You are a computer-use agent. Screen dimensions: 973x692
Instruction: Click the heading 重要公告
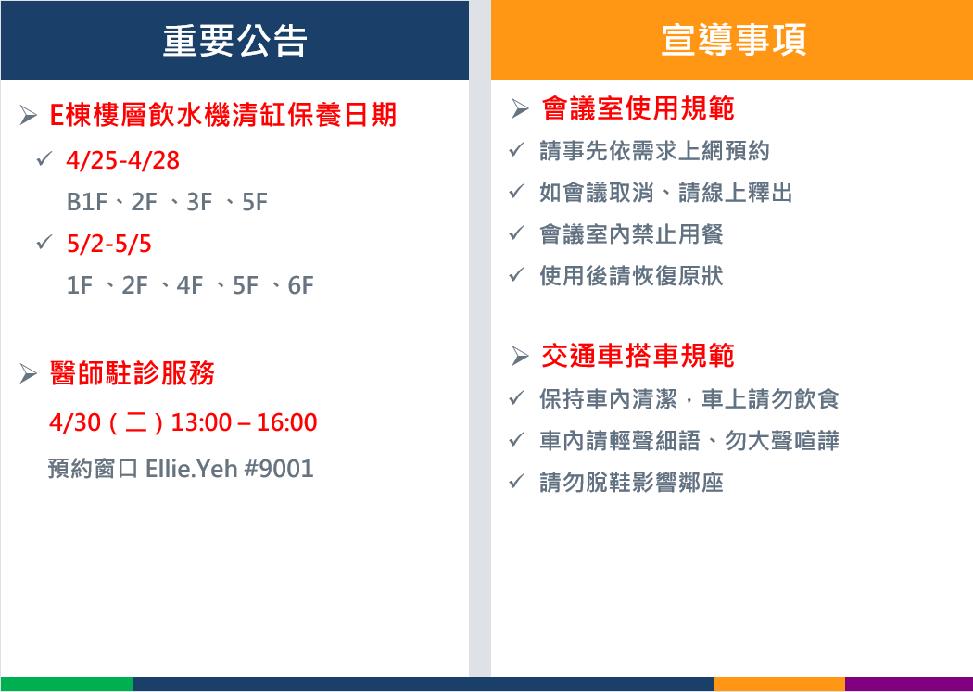click(x=234, y=41)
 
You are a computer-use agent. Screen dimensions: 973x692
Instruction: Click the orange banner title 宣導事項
click(x=734, y=40)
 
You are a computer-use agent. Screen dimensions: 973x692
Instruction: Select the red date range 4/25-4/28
click(x=123, y=160)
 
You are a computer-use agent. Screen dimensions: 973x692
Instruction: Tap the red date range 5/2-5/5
click(x=109, y=244)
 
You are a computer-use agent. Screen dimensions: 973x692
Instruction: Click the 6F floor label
click(x=300, y=285)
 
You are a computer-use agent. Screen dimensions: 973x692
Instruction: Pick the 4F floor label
click(x=189, y=285)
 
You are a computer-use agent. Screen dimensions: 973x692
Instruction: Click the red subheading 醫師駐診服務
click(x=133, y=373)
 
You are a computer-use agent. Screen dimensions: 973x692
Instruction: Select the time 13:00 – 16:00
click(x=244, y=422)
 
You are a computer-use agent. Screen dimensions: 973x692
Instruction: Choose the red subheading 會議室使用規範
click(x=638, y=108)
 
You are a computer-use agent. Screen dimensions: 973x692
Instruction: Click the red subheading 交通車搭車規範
click(x=638, y=356)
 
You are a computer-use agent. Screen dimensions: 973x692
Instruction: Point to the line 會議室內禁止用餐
click(x=631, y=234)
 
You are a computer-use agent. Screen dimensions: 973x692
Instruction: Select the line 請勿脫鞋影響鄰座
click(x=631, y=483)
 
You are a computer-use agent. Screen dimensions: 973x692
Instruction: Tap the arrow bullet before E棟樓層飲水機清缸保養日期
click(x=28, y=115)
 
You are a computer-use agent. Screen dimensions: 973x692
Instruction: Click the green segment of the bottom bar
click(x=67, y=684)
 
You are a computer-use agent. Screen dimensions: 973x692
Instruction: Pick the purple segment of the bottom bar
click(x=909, y=684)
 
